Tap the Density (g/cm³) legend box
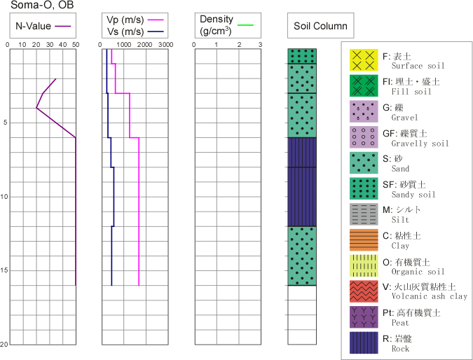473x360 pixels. pos(224,26)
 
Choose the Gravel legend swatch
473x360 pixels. pos(364,111)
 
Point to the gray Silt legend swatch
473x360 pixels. pos(364,214)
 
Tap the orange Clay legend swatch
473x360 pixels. pos(364,240)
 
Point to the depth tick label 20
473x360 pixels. pos(4,345)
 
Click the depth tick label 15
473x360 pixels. pos(4,270)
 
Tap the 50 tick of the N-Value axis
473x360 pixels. pos(75,43)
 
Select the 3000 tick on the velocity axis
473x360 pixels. pos(165,43)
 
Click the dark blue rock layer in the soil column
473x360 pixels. pos(302,181)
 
